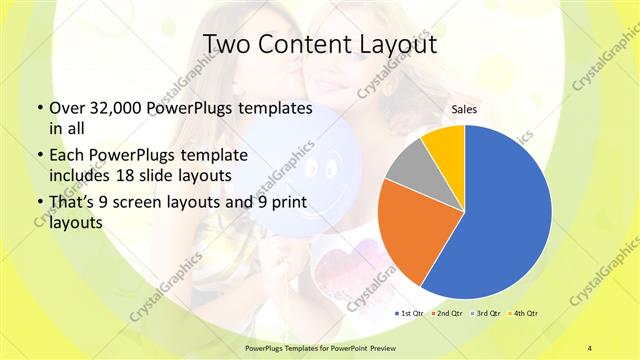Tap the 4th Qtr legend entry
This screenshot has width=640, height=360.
click(x=527, y=315)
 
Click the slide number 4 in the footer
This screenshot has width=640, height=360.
click(x=590, y=347)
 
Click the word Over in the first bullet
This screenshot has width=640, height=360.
click(x=66, y=107)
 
